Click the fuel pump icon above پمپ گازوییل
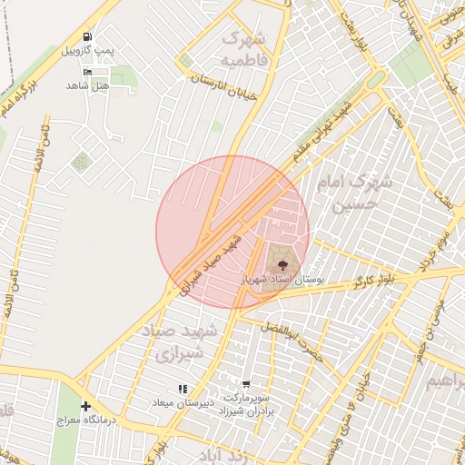(x=87, y=37)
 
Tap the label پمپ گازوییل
(x=87, y=51)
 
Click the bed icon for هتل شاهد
(x=87, y=72)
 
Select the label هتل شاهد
(x=87, y=84)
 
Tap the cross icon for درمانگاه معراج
(x=85, y=406)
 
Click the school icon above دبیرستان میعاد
(x=181, y=388)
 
